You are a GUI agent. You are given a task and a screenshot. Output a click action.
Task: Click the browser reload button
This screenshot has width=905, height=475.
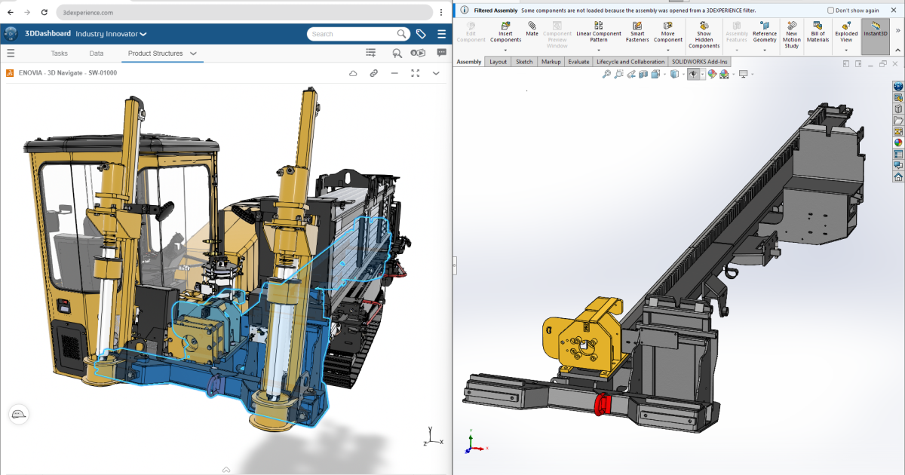coord(44,13)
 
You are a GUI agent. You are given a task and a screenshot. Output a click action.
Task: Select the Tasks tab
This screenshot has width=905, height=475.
coord(60,54)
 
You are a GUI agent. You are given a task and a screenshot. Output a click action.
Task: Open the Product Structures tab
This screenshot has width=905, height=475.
coord(155,54)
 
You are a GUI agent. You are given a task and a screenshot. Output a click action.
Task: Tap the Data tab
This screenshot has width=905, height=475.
coord(97,54)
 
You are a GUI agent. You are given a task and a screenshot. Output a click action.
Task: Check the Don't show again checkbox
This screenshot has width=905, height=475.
coord(831,11)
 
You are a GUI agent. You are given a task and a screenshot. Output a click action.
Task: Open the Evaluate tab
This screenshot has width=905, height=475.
coord(578,62)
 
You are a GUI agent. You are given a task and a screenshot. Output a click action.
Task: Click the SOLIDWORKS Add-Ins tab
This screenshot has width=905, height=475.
coord(699,62)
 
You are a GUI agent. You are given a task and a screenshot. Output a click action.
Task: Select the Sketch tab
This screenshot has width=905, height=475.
coord(523,62)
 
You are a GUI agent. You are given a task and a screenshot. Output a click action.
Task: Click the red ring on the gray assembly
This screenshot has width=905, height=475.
coord(603,405)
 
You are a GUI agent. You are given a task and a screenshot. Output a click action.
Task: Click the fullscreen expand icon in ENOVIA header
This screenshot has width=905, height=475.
coord(415,73)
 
